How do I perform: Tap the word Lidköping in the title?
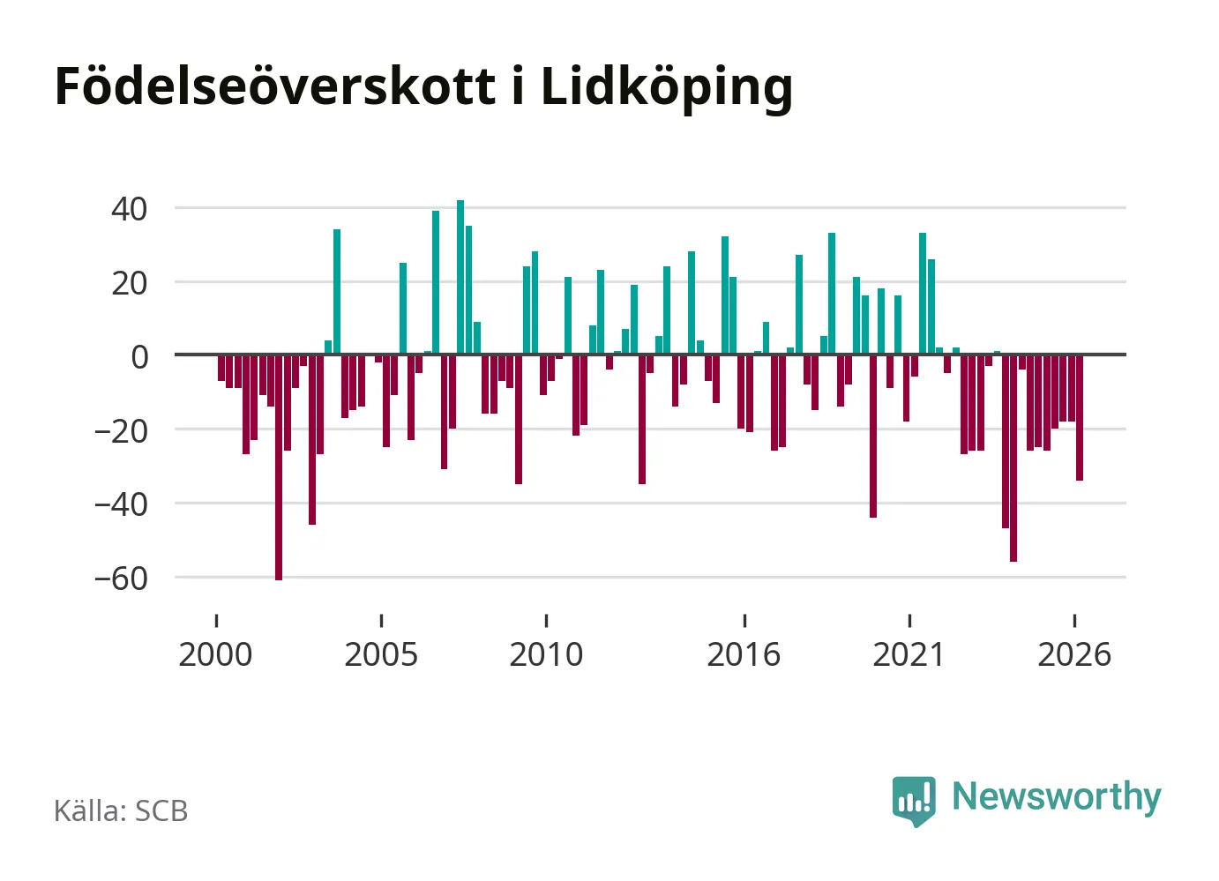tap(667, 89)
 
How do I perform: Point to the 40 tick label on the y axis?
tap(129, 210)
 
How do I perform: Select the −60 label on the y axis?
tap(121, 579)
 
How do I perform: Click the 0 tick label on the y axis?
tap(139, 357)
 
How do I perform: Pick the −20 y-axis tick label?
tap(121, 431)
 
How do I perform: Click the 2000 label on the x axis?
tap(215, 654)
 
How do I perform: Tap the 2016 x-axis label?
tap(744, 654)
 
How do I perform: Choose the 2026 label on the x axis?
tap(1074, 654)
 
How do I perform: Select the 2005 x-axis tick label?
tap(381, 654)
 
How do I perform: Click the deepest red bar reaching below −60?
tap(279, 468)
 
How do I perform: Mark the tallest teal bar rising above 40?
tap(460, 278)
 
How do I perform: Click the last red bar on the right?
tap(1080, 418)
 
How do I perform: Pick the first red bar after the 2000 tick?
tap(221, 369)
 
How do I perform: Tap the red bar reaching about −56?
tap(1013, 459)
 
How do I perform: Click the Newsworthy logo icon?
tap(914, 801)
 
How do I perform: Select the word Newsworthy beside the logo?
tap(1057, 798)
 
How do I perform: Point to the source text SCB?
tap(161, 810)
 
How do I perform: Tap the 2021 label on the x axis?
tap(909, 654)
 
